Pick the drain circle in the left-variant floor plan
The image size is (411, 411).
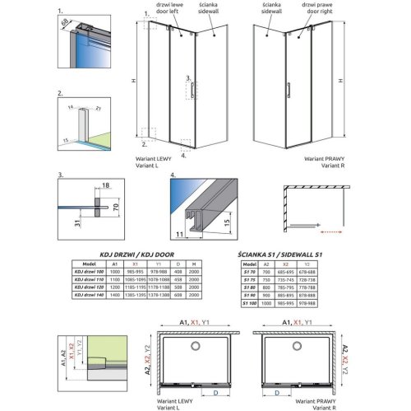coord(188,339)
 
